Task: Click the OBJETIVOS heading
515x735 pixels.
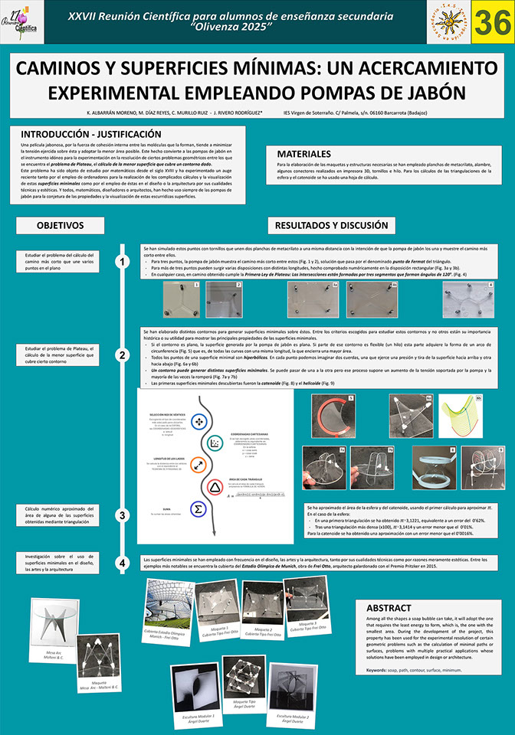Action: [x=60, y=226]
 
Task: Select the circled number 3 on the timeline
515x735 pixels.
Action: [x=122, y=514]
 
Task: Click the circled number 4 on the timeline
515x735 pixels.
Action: [x=122, y=563]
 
